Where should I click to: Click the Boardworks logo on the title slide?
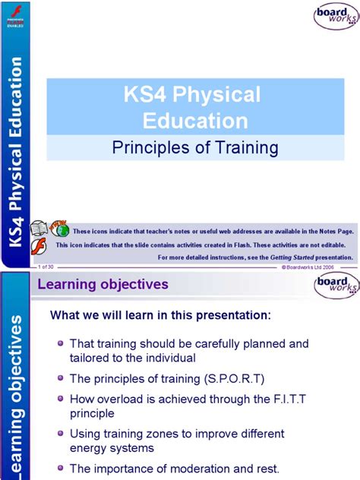tap(333, 16)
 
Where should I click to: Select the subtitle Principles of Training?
tap(195, 147)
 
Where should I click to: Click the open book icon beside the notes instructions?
tap(39, 229)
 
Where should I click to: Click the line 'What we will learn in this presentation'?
tap(159, 315)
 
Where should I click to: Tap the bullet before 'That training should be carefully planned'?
tap(59, 343)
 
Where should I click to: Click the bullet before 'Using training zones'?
tap(59, 433)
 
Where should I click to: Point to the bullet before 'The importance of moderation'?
tap(59, 468)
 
